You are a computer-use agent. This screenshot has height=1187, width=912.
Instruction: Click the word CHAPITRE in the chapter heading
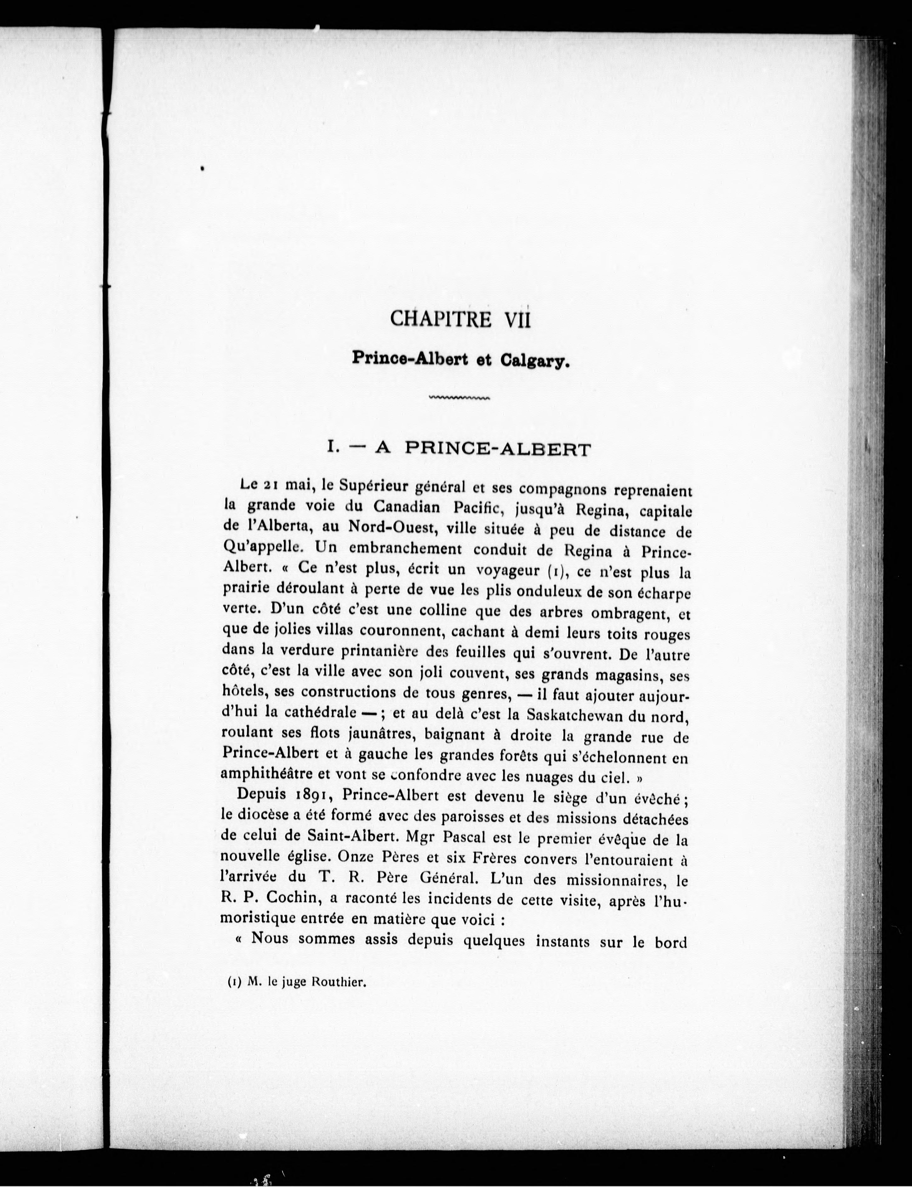click(441, 319)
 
